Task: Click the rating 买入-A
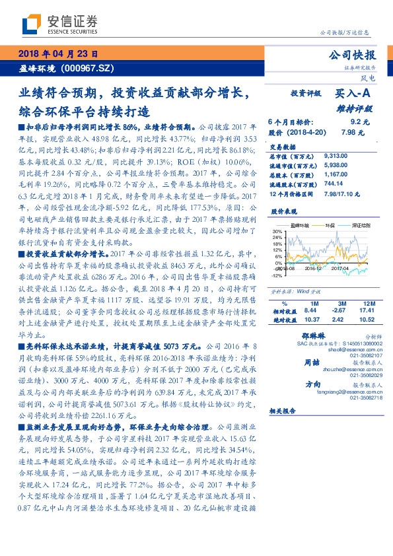(351, 94)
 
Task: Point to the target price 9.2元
(359, 122)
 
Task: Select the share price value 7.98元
(357, 132)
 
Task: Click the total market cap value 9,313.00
(337, 156)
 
